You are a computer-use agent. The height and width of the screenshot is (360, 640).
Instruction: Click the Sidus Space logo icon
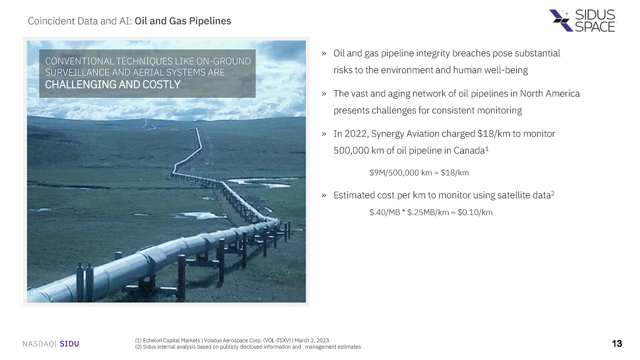pos(561,20)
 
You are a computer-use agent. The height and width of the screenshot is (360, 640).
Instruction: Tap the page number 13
pos(617,344)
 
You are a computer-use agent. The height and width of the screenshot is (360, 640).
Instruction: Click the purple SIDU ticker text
pos(69,344)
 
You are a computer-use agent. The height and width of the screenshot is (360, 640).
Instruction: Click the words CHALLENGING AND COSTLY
pos(113,84)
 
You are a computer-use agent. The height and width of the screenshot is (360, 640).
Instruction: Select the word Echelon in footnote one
pos(152,340)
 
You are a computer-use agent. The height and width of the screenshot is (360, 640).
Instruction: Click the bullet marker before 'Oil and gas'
pos(323,54)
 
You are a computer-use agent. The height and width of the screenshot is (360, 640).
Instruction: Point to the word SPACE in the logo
pos(595,27)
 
